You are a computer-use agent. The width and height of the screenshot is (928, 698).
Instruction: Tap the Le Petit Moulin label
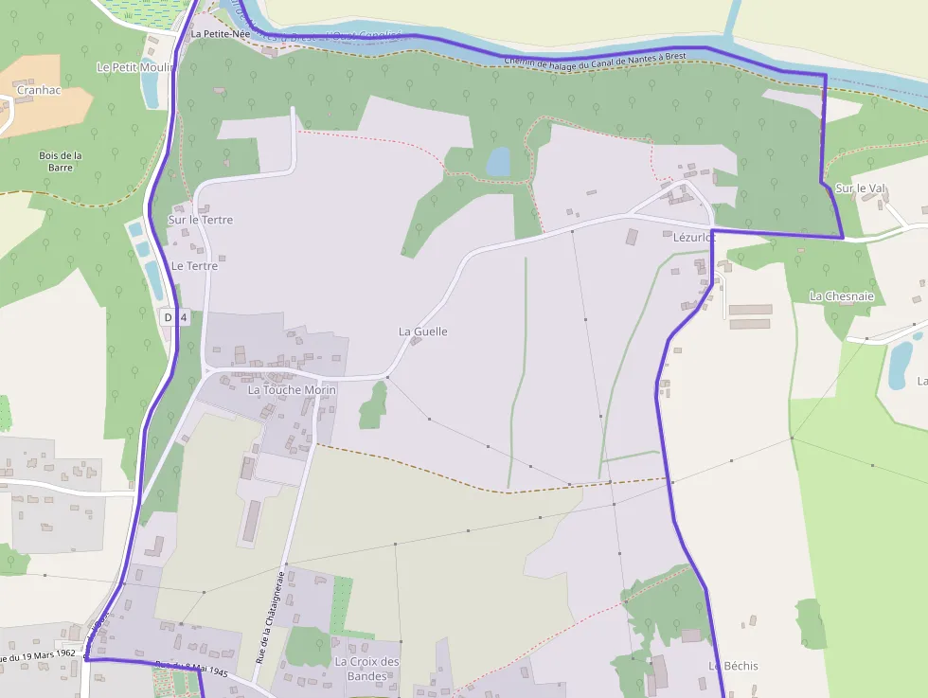point(132,67)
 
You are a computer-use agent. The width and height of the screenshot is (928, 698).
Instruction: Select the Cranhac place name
point(40,90)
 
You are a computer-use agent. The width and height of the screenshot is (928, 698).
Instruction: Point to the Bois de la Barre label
point(61,161)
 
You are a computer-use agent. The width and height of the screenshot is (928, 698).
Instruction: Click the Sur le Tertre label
point(200,220)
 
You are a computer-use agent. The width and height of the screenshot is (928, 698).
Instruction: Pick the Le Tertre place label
point(194,266)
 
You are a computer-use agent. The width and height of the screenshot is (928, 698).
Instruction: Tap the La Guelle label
point(422,331)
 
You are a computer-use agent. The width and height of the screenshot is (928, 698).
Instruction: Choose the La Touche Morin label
point(292,389)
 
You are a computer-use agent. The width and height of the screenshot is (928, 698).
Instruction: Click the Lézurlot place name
point(693,238)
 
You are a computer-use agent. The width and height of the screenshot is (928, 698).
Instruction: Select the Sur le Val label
point(860,188)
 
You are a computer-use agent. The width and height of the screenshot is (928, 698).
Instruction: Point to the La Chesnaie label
point(841,296)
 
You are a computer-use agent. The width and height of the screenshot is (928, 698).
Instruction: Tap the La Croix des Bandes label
point(366,669)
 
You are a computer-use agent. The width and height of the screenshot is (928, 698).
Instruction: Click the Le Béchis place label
point(734,666)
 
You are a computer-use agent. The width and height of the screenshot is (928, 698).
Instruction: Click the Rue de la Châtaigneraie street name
point(271,616)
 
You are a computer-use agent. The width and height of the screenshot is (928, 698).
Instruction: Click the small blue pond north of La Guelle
point(498,162)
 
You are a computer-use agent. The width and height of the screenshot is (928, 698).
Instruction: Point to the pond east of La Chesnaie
point(900,365)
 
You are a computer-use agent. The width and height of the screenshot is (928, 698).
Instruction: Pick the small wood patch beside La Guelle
point(374,407)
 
